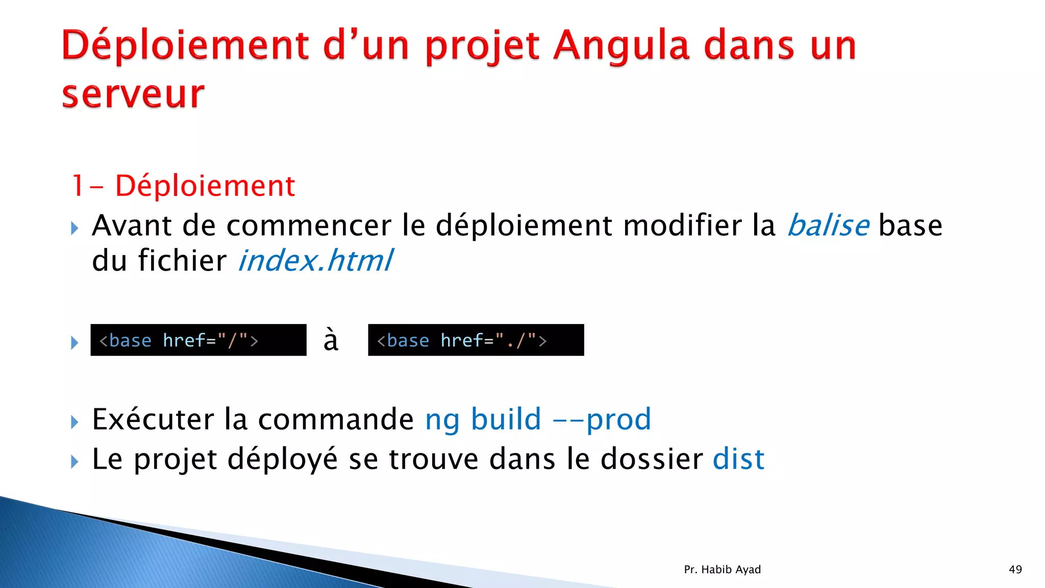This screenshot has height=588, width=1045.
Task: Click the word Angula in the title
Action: pyautogui.click(x=621, y=46)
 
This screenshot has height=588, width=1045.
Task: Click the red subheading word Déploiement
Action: pyautogui.click(x=205, y=186)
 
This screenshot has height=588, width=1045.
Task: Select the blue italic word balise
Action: pyautogui.click(x=828, y=226)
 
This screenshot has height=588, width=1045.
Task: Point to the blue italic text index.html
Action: pyautogui.click(x=316, y=261)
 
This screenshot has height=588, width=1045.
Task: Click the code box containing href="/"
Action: pyautogui.click(x=198, y=340)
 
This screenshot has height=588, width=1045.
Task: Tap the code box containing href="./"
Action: pyautogui.click(x=476, y=340)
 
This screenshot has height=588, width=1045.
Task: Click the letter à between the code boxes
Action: pyautogui.click(x=331, y=340)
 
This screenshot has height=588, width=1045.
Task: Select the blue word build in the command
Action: pyautogui.click(x=506, y=420)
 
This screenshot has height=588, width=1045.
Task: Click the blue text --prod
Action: pyautogui.click(x=602, y=420)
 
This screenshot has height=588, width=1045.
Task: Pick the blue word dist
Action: pyautogui.click(x=738, y=459)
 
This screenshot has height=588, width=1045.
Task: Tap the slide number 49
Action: pyautogui.click(x=1015, y=570)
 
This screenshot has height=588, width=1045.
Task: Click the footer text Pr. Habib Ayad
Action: pyautogui.click(x=722, y=570)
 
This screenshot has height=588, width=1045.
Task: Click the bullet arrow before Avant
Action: pyautogui.click(x=75, y=228)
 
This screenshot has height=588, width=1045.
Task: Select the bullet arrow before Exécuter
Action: pyautogui.click(x=75, y=422)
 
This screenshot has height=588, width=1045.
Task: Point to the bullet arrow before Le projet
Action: pyautogui.click(x=75, y=462)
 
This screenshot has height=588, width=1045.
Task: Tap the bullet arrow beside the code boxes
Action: pyautogui.click(x=75, y=342)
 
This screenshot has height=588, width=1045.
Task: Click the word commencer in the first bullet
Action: pyautogui.click(x=309, y=226)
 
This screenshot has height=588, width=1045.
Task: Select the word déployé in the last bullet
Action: pyautogui.click(x=282, y=459)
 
